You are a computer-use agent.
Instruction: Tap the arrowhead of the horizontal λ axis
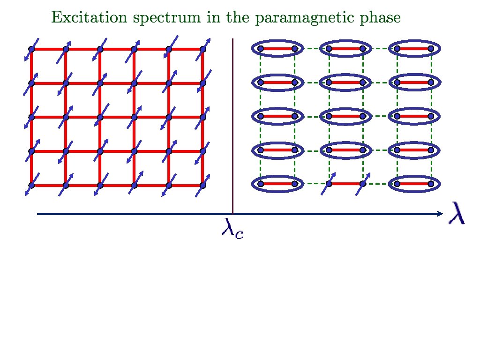pos(439,214)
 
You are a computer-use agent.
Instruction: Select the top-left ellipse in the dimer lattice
pos(277,48)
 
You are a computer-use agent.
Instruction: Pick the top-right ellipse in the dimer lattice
pos(414,48)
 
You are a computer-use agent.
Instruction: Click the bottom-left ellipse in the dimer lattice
pos(277,184)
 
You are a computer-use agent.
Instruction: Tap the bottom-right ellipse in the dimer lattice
pos(414,184)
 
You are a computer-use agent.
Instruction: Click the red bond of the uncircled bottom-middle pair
pos(345,184)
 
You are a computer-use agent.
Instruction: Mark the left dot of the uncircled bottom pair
pos(329,184)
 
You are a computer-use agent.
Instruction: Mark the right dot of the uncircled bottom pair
pos(362,184)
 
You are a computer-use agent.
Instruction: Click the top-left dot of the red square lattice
pos(31,49)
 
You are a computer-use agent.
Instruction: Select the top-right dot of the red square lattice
pos(203,49)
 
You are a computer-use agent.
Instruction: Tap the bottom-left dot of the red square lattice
pos(31,185)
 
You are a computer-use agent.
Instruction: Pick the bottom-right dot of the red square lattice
pos(203,185)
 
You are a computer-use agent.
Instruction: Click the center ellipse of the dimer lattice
pos(345,116)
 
